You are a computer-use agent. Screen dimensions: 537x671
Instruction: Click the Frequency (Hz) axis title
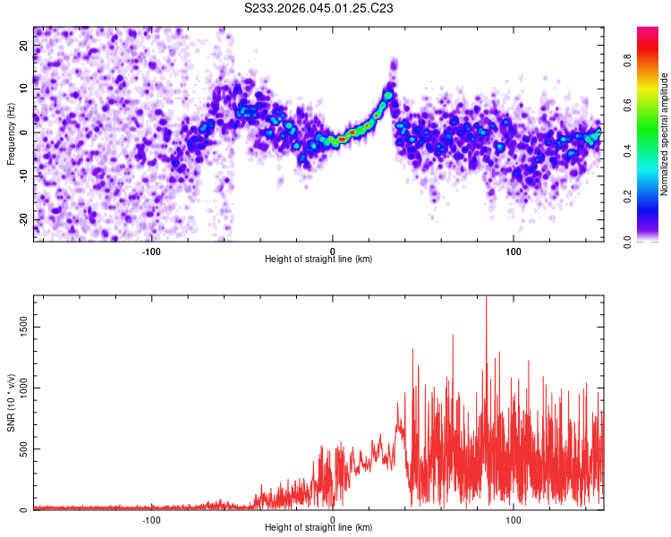click(x=11, y=134)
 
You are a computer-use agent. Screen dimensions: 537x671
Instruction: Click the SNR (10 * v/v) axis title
click(x=11, y=403)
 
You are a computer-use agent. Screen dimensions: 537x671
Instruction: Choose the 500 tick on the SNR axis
click(x=25, y=449)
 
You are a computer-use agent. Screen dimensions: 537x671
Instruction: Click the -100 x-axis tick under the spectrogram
click(x=150, y=250)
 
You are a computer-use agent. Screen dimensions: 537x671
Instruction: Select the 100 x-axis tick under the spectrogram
click(x=514, y=250)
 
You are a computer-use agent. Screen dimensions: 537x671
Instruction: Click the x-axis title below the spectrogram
click(x=319, y=260)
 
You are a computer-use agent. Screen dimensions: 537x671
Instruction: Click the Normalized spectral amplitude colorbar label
click(x=665, y=134)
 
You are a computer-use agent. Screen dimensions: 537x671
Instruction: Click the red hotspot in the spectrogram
click(x=342, y=139)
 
